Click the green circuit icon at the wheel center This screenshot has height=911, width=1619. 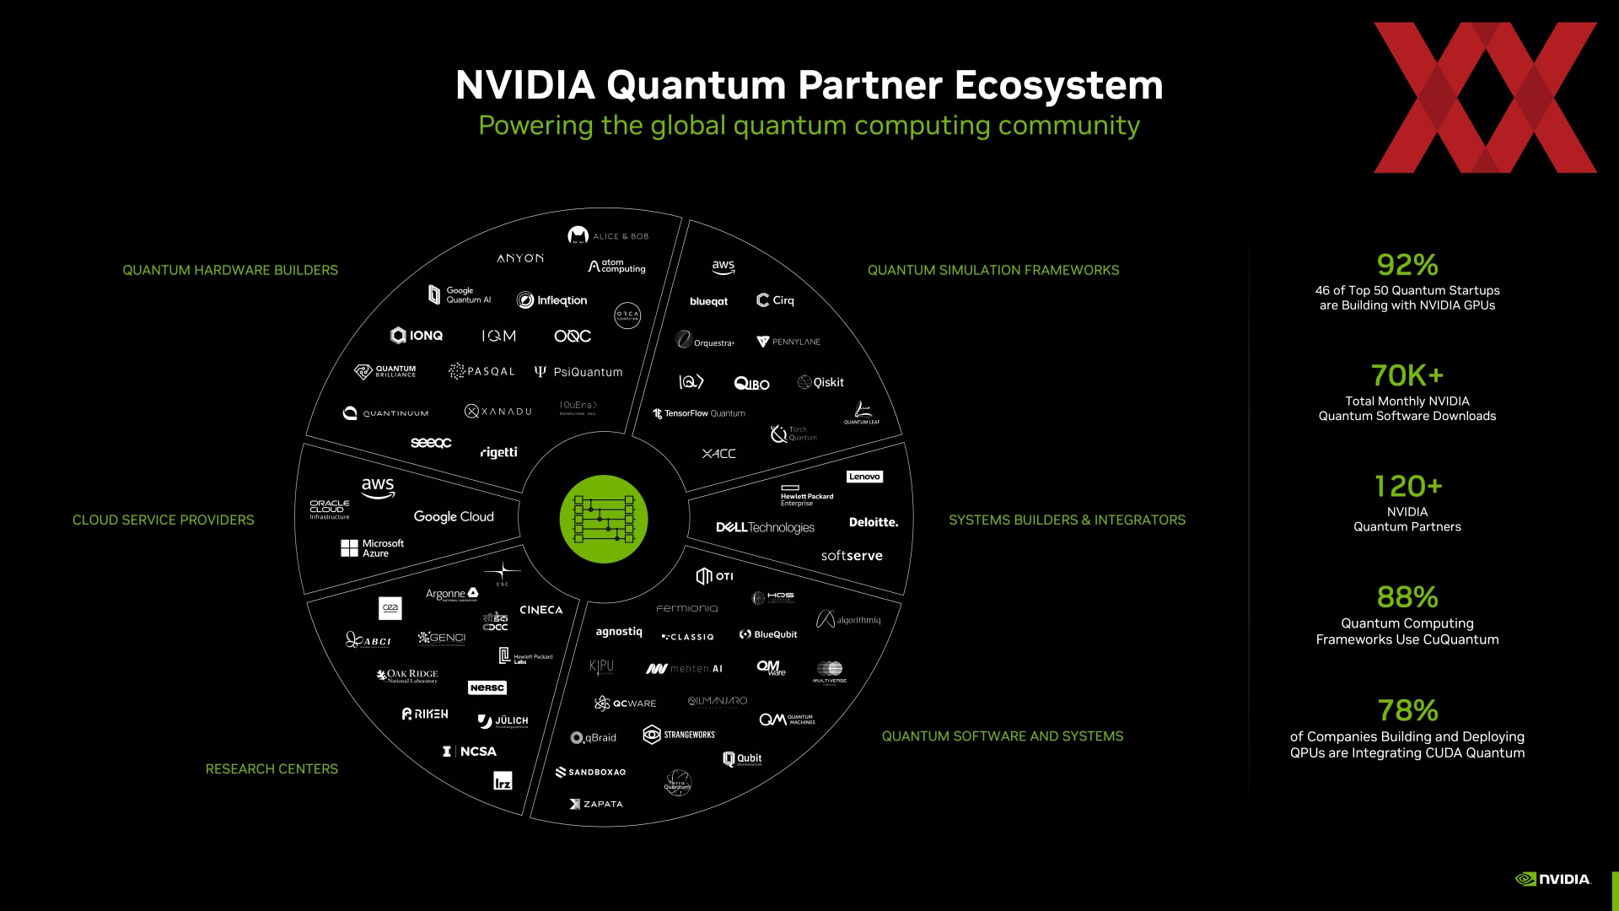coord(604,519)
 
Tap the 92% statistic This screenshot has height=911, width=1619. coord(1407,265)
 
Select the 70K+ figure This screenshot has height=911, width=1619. coord(1407,375)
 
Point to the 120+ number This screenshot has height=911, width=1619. coord(1407,486)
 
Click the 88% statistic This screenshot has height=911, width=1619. coord(1407,597)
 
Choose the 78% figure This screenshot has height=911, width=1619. coord(1407,710)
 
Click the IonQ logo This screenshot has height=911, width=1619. coord(417,336)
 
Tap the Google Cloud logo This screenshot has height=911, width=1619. coord(454,516)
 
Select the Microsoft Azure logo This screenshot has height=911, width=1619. coord(372,548)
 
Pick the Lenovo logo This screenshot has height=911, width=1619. coord(864,477)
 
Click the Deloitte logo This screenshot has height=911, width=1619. coord(874,522)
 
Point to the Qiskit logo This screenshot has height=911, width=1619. coord(820,382)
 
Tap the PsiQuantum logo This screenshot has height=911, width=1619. coord(578,372)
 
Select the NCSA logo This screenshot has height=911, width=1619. coord(470,752)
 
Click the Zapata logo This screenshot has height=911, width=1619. coord(596,804)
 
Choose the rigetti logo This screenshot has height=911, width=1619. coord(498,452)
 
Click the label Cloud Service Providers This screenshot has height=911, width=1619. coord(163,520)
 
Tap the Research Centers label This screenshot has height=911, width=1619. coord(272,768)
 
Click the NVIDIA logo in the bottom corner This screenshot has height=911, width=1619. coord(1553,879)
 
